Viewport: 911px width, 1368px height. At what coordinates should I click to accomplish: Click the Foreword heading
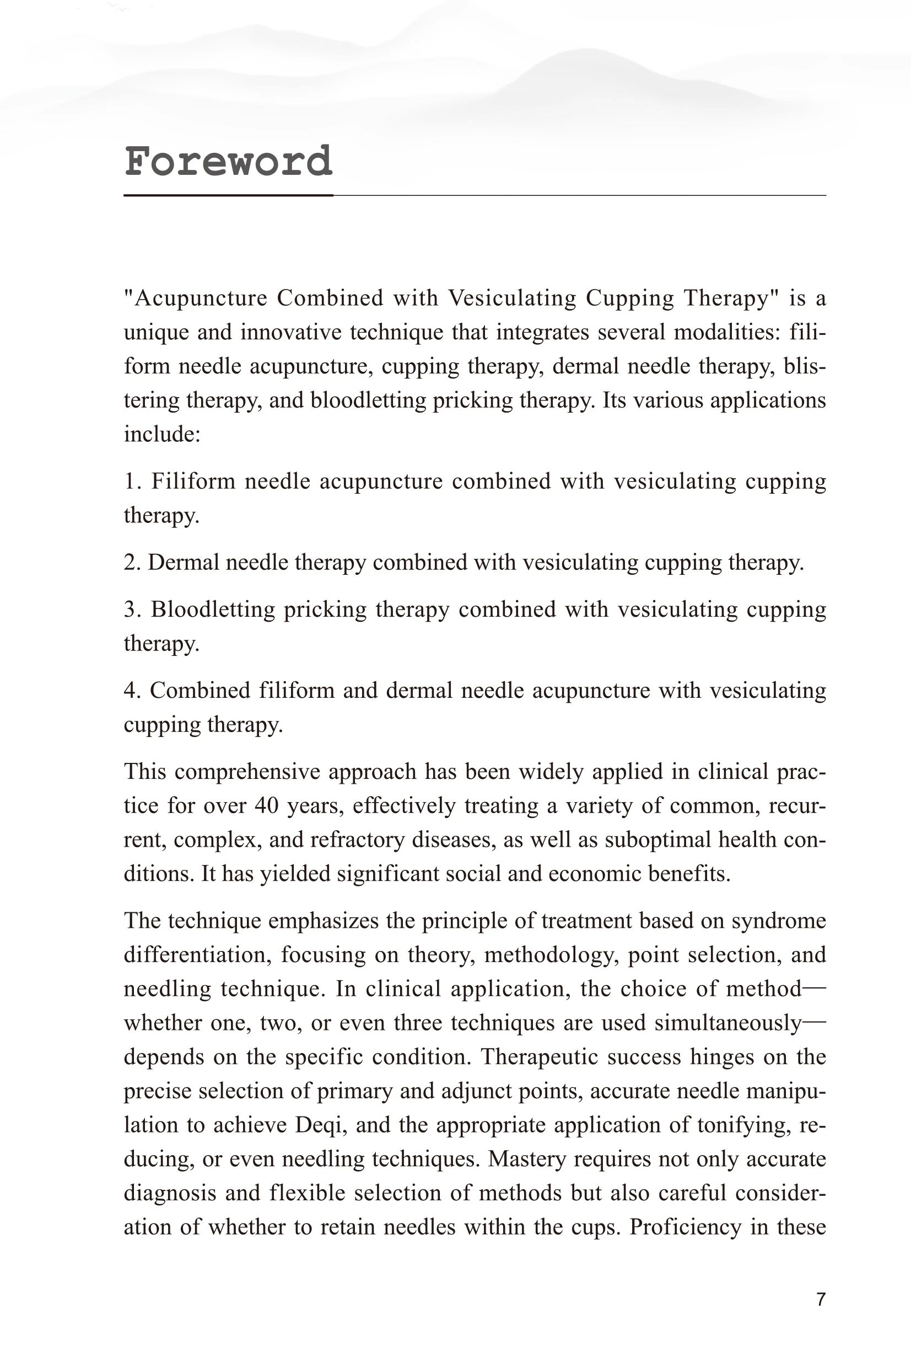pyautogui.click(x=228, y=162)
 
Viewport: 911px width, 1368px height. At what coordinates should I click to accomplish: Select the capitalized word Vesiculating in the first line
pyautogui.click(x=512, y=298)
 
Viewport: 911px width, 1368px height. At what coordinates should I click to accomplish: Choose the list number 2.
pyautogui.click(x=130, y=563)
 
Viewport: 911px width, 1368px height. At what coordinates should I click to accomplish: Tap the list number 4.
pyautogui.click(x=130, y=691)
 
